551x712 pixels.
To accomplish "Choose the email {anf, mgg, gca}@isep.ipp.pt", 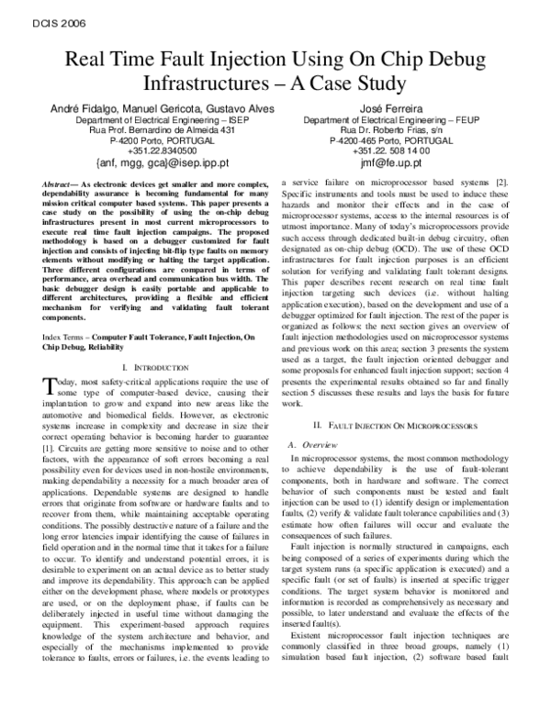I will click(x=153, y=164).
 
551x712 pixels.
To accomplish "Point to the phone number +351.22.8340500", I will click(x=153, y=152).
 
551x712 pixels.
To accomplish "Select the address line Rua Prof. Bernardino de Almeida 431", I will click(x=153, y=131).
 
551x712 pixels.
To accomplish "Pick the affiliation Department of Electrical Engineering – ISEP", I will click(x=153, y=120).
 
